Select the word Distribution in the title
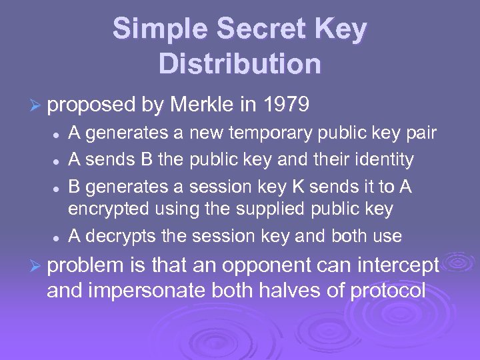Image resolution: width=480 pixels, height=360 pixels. click(240, 64)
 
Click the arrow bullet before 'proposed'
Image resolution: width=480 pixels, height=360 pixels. click(38, 105)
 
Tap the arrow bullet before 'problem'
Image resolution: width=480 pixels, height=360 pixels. click(38, 266)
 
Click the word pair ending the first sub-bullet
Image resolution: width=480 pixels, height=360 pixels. click(421, 133)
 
